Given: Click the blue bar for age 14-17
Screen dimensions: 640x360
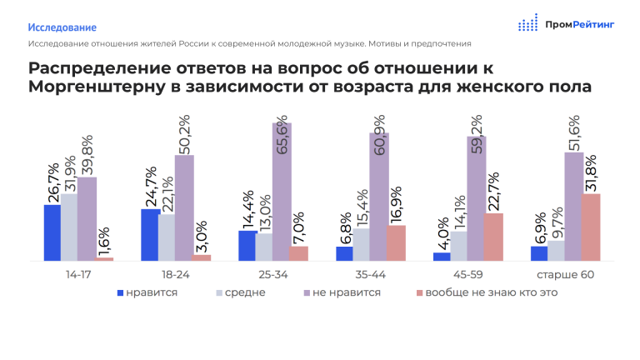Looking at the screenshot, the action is pyautogui.click(x=52, y=232).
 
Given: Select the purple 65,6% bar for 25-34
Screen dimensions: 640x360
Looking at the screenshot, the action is pyautogui.click(x=282, y=192).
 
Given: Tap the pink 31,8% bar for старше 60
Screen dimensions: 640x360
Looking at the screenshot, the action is pyautogui.click(x=591, y=227).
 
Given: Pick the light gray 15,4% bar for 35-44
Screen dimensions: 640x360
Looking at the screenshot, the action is pyautogui.click(x=361, y=244).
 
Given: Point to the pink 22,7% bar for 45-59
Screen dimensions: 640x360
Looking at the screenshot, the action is pyautogui.click(x=493, y=237).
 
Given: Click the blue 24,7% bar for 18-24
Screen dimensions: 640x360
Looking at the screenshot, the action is pyautogui.click(x=151, y=235).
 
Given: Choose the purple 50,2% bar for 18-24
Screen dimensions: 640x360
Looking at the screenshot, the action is pyautogui.click(x=184, y=207).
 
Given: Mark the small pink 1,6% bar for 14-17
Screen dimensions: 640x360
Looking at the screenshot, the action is pyautogui.click(x=103, y=259).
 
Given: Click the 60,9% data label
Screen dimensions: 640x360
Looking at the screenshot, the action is pyautogui.click(x=379, y=135).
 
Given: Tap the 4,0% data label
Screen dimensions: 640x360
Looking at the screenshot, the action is pyautogui.click(x=442, y=234).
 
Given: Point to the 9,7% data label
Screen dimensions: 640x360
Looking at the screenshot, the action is pyautogui.click(x=557, y=222).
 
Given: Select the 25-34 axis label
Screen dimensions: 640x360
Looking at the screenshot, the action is pyautogui.click(x=273, y=275).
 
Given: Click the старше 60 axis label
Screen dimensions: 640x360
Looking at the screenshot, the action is pyautogui.click(x=565, y=275).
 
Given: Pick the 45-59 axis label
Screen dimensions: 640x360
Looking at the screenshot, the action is pyautogui.click(x=467, y=275).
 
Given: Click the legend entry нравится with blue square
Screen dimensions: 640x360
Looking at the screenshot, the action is pyautogui.click(x=147, y=292).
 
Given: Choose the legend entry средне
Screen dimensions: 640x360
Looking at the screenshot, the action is pyautogui.click(x=241, y=292).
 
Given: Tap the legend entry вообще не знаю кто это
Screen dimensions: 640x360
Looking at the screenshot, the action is pyautogui.click(x=487, y=292).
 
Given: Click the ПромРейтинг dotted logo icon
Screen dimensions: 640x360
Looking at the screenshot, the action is pyautogui.click(x=527, y=22).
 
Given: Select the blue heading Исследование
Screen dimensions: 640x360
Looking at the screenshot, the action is pyautogui.click(x=62, y=27).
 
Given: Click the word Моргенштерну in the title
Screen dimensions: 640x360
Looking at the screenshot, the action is pyautogui.click(x=97, y=87).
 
